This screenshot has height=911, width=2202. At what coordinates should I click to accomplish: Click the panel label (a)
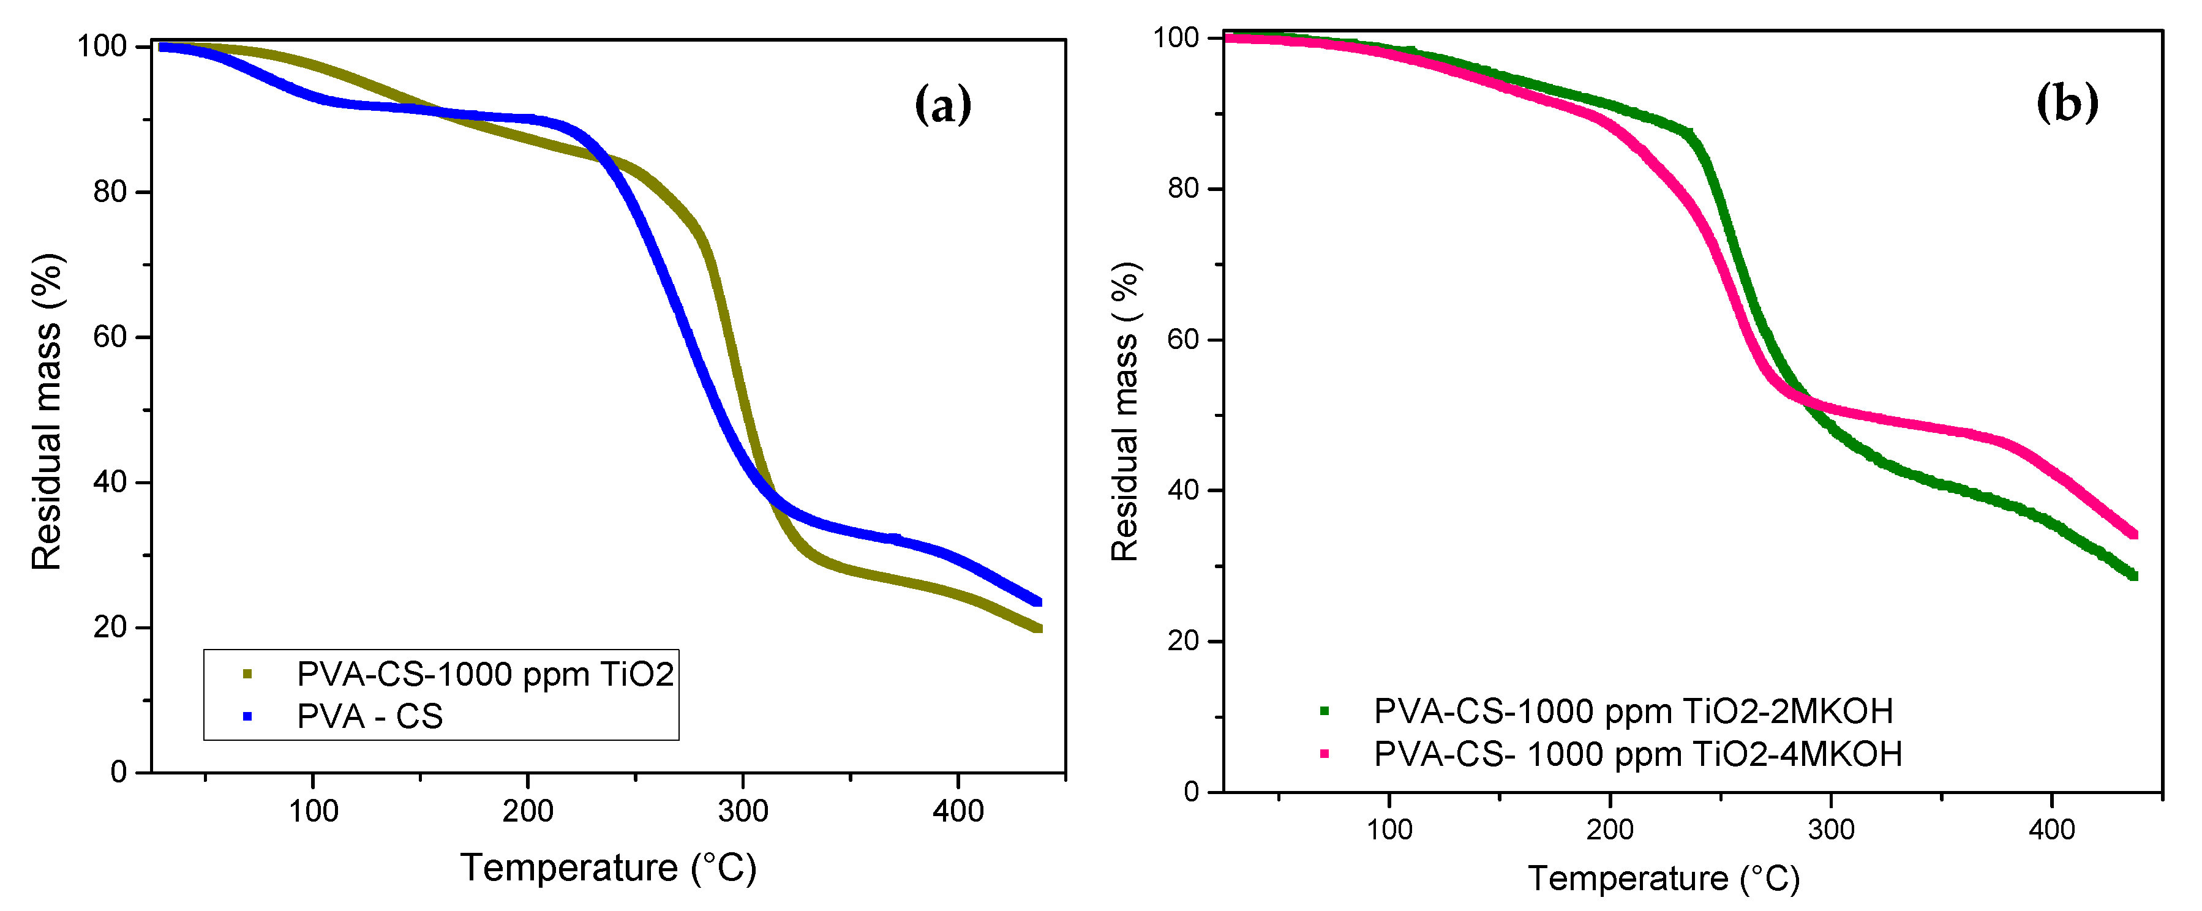pos(943,106)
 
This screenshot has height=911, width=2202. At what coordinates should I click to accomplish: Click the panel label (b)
pos(2067,103)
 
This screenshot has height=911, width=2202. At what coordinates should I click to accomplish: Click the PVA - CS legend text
pos(369,716)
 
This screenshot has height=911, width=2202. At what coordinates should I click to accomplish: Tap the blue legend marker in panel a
pos(247,716)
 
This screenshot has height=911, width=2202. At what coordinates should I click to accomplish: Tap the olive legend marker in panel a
pos(247,674)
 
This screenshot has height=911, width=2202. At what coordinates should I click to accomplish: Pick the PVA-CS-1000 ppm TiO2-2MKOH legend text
pos(1633,711)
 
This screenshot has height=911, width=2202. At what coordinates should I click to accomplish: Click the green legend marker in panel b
pos(1324,710)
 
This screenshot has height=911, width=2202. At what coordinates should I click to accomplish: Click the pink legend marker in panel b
pos(1324,754)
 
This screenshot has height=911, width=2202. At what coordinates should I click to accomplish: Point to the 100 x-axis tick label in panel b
pos(1389,829)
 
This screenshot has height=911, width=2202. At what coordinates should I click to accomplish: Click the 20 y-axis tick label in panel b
pos(1184,641)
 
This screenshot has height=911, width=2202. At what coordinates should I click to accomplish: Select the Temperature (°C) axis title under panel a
pos(609,868)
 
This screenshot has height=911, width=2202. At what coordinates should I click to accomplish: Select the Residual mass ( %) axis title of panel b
pos(1125,412)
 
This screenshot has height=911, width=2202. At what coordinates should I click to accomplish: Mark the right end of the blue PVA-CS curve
pos(1038,602)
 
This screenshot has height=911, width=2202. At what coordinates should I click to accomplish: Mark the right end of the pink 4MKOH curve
pos(2133,534)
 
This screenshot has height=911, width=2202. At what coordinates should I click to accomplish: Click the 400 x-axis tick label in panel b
pos(2051,829)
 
